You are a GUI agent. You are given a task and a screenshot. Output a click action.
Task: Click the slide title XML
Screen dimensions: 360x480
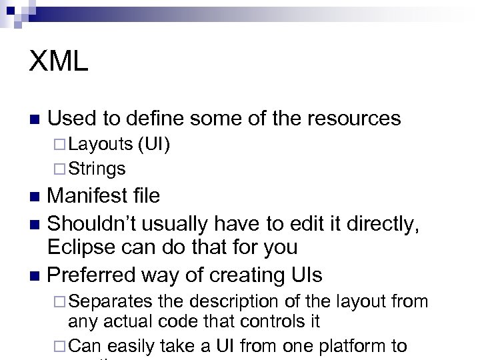tap(59, 62)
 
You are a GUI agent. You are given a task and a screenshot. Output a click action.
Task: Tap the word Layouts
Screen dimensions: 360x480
tap(100, 144)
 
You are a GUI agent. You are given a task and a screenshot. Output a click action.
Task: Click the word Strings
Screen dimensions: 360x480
tap(97, 169)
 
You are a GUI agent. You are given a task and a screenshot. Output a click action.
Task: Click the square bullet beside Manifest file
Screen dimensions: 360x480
tap(37, 197)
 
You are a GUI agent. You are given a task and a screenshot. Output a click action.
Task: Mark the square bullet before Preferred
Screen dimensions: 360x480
tap(37, 275)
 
